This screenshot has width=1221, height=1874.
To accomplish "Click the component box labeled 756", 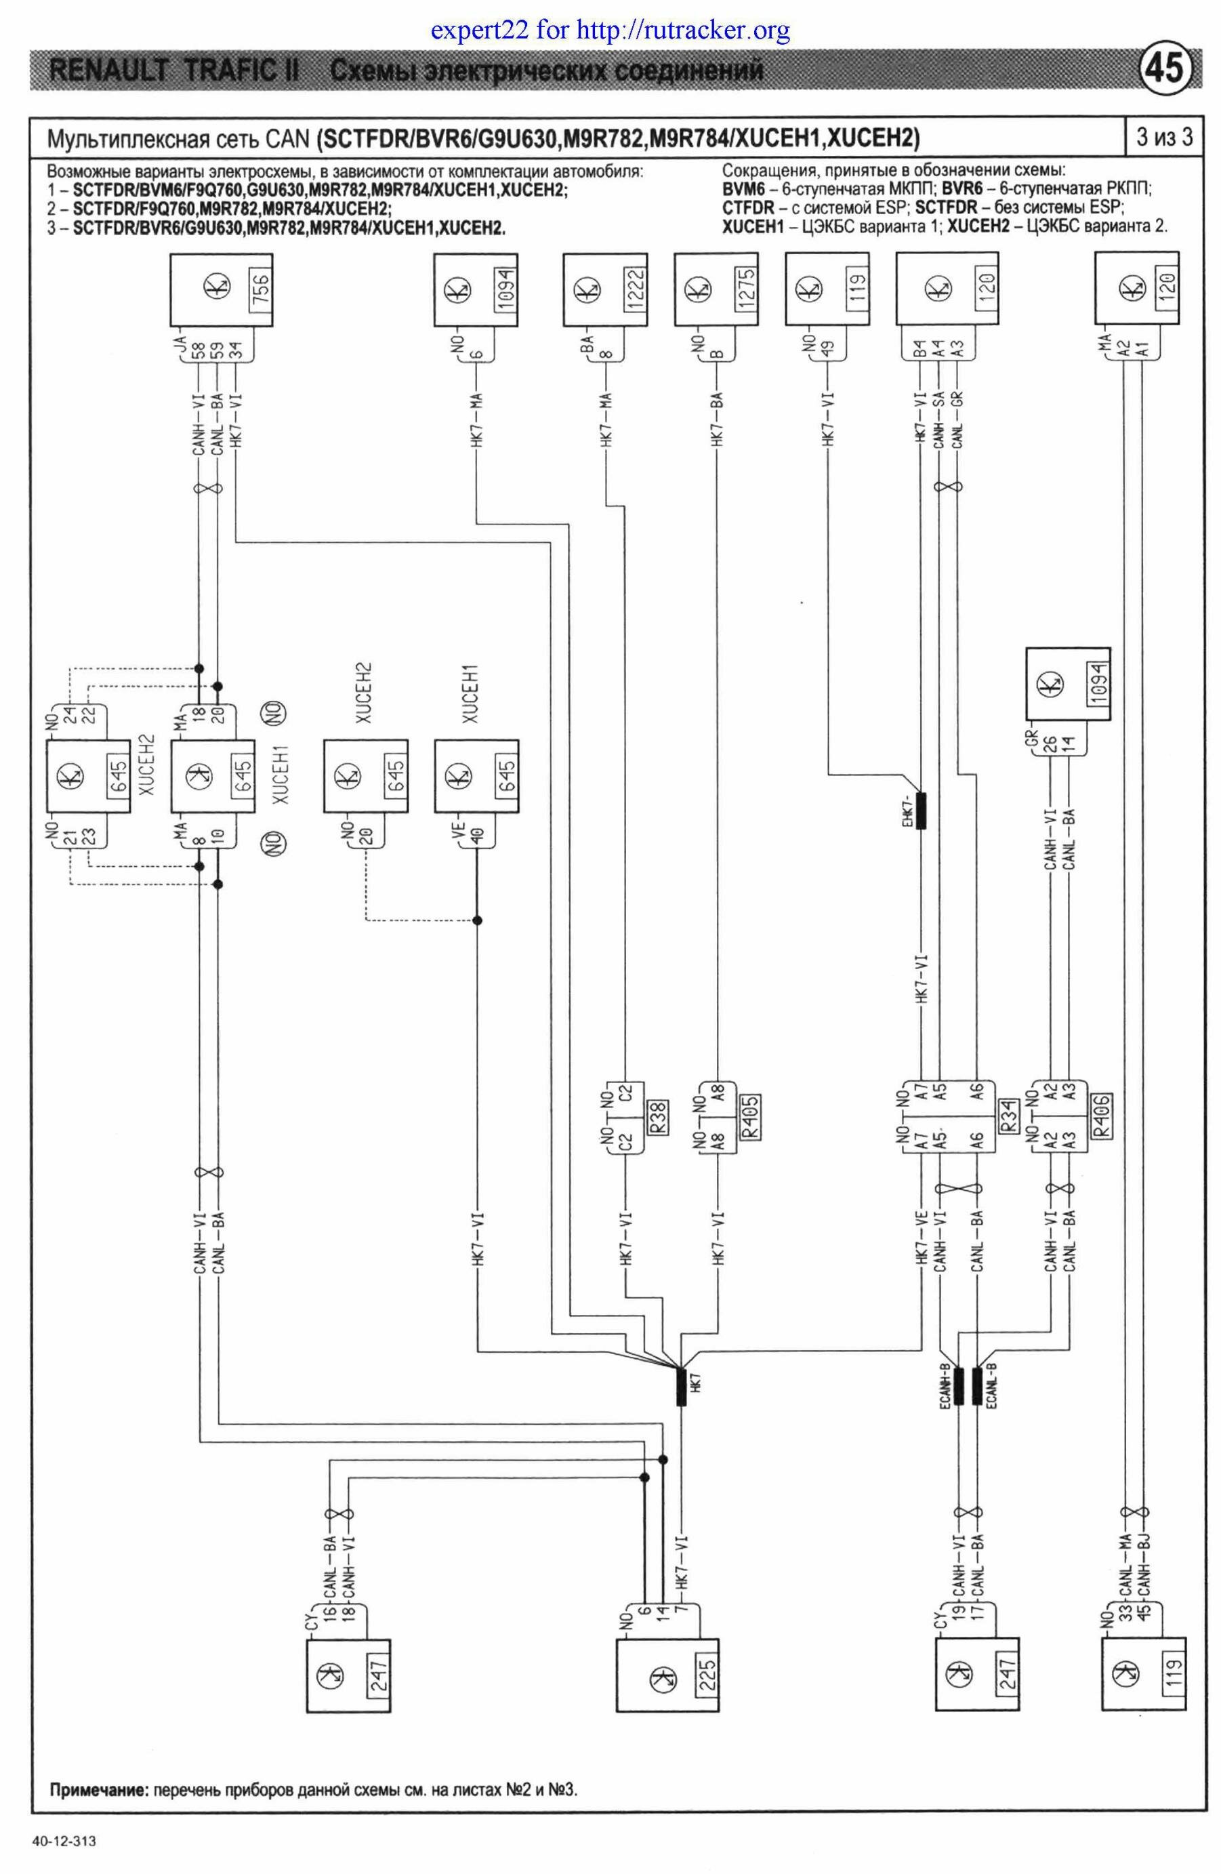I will click(x=222, y=291).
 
